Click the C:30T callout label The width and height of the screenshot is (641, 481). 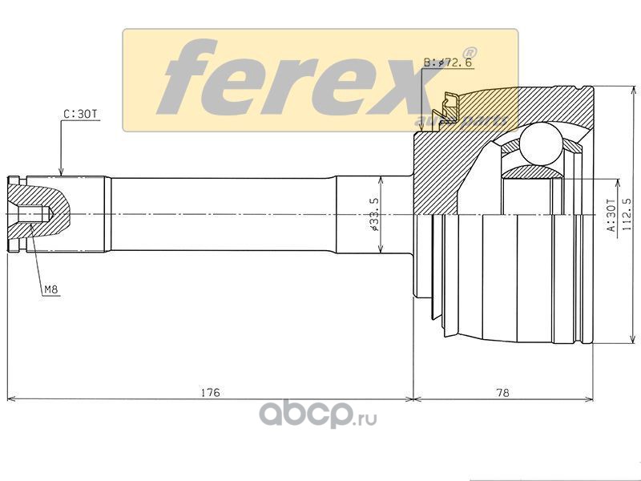(81, 114)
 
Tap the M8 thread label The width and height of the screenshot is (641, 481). (51, 289)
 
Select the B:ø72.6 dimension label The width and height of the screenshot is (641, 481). (448, 63)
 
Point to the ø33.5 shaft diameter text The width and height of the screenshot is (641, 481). (374, 214)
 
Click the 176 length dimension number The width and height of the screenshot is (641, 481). (211, 392)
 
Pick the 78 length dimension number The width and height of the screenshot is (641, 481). (502, 392)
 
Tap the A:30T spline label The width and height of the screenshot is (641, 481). (610, 215)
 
